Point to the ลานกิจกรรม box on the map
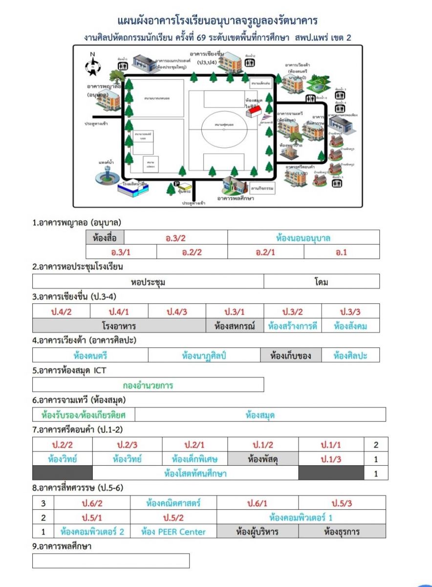pos(261,187)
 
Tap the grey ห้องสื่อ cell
pos(105,238)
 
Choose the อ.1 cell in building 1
pos(341,252)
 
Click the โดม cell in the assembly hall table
pos(321,282)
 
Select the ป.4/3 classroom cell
pos(177,312)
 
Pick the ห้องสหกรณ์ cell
pos(235,326)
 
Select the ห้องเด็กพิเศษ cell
pos(194,459)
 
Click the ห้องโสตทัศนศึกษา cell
pos(195,473)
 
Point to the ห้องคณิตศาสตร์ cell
pos(173,503)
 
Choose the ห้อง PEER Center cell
pos(173,531)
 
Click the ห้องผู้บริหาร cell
pos(257,531)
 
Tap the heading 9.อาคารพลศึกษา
pos(62,546)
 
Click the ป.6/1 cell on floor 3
pos(257,503)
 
